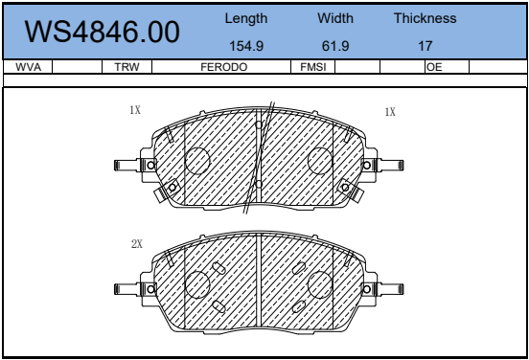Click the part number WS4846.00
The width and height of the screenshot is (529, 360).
[x=102, y=32]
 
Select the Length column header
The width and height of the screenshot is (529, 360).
[x=246, y=18]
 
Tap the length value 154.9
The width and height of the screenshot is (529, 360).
[x=246, y=46]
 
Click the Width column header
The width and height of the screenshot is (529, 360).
[x=335, y=18]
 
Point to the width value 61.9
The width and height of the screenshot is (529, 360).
[x=335, y=46]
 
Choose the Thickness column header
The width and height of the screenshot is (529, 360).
[x=425, y=18]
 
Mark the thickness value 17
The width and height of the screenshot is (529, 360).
[x=425, y=46]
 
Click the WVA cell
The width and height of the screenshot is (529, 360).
[x=29, y=67]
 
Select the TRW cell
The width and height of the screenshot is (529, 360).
[x=126, y=67]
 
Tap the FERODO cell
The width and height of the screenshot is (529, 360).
[x=223, y=67]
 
